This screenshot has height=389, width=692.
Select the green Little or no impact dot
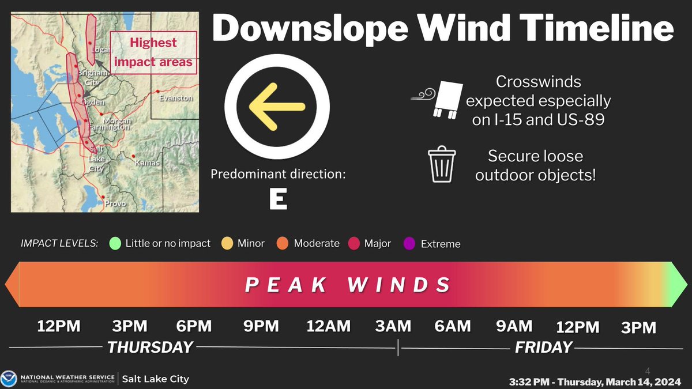coord(115,244)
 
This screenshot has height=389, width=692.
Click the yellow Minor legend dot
coord(228,244)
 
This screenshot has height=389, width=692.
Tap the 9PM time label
coord(261,327)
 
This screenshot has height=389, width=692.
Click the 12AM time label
coord(328,327)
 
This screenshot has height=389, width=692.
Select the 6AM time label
coord(453,327)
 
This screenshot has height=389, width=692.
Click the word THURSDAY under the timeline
coord(150,348)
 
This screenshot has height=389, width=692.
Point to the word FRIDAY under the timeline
coord(543,348)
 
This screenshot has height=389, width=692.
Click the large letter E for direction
coord(278,199)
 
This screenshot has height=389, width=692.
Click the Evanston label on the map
coord(176,99)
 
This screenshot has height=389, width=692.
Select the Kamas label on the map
coord(146,163)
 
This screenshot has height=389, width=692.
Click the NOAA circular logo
coord(9,378)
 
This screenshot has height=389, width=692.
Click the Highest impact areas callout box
coord(153,52)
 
